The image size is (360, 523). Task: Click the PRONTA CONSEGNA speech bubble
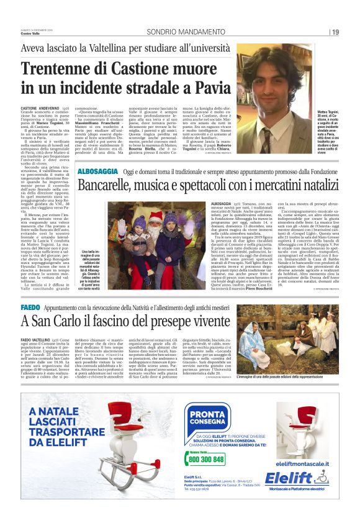tap(212, 414)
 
